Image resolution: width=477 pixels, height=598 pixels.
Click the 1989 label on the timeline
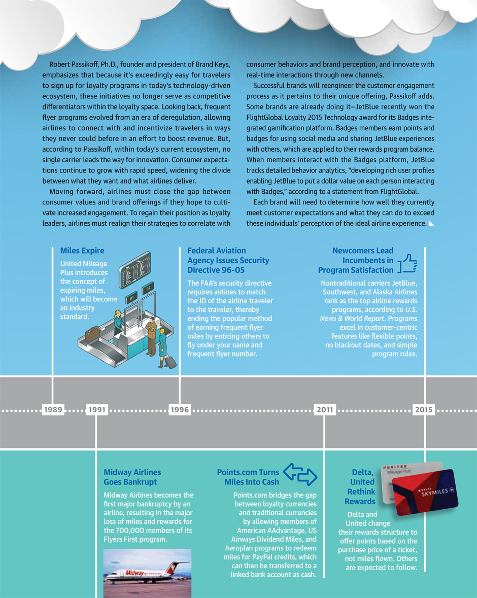(53, 410)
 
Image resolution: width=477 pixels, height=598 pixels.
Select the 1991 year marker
(96, 410)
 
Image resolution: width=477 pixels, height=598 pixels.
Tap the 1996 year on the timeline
(180, 410)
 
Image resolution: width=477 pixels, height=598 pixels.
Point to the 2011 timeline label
(324, 410)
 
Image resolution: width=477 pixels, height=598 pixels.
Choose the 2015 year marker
(424, 410)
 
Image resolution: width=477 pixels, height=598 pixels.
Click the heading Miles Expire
(82, 251)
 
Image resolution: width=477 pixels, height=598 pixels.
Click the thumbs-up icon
(407, 264)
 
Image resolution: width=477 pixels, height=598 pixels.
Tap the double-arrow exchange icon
(300, 474)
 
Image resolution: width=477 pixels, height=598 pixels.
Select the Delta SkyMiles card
(426, 491)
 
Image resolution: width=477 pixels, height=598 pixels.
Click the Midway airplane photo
(147, 573)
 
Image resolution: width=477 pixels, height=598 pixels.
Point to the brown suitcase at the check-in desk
(92, 335)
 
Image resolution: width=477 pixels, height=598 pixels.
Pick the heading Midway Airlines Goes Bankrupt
(132, 477)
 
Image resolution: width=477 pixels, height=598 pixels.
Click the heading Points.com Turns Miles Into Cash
(248, 477)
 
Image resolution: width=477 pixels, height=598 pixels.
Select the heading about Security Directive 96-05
(228, 260)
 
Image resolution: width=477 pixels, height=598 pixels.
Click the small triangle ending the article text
(431, 223)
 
